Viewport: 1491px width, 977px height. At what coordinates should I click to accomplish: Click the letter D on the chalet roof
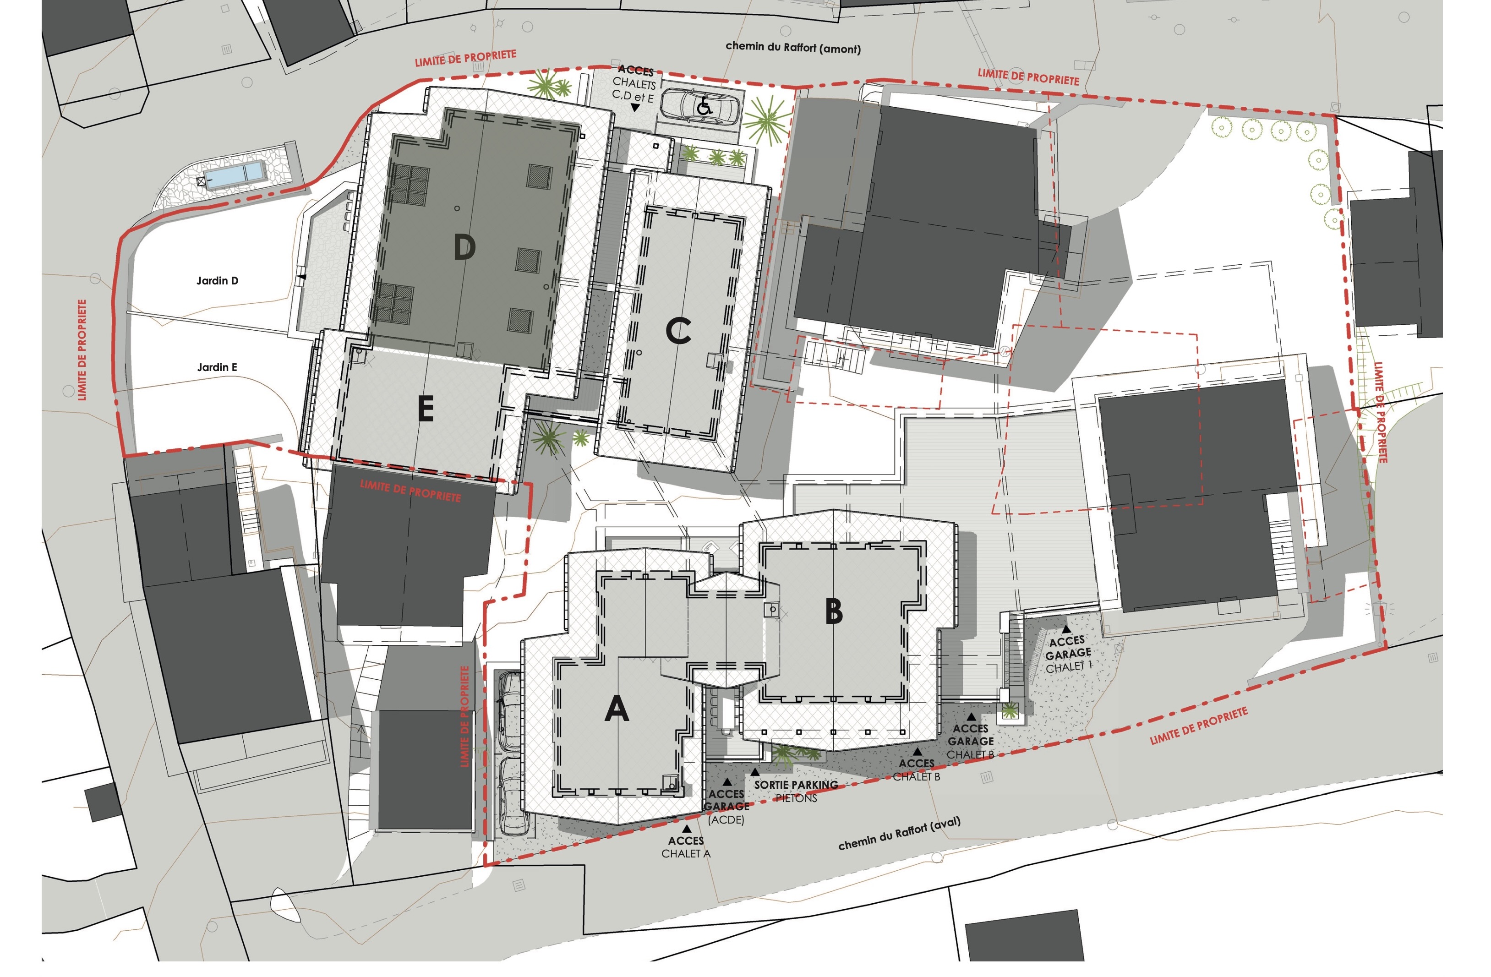click(464, 247)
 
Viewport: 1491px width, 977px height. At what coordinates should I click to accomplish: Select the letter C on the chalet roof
click(678, 331)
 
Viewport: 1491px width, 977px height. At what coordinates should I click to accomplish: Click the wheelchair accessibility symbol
click(704, 106)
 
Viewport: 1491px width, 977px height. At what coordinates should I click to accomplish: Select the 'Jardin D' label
click(218, 281)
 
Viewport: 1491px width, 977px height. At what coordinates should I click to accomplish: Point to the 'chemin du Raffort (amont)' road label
click(793, 47)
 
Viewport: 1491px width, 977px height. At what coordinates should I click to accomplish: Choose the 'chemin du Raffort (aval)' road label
click(899, 834)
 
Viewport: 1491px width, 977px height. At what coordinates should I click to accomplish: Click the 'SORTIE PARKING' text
click(796, 784)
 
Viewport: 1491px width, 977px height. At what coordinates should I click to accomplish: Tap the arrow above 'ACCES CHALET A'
click(687, 829)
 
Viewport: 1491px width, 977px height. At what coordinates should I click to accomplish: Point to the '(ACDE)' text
click(726, 820)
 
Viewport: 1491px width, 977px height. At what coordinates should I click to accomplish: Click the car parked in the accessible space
click(700, 106)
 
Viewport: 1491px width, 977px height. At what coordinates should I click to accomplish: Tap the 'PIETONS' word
click(796, 798)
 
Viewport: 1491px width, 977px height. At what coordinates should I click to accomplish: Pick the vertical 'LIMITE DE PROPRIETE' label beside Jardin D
click(82, 349)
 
